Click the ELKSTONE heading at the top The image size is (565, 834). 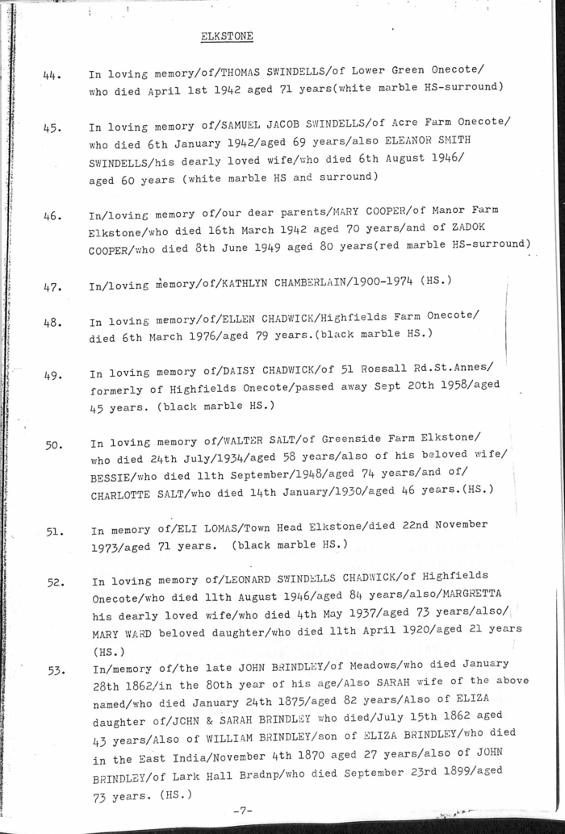click(226, 36)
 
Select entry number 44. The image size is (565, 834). click(53, 76)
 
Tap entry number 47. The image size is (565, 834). click(53, 286)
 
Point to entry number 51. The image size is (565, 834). click(55, 532)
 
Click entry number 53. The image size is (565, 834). click(56, 669)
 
